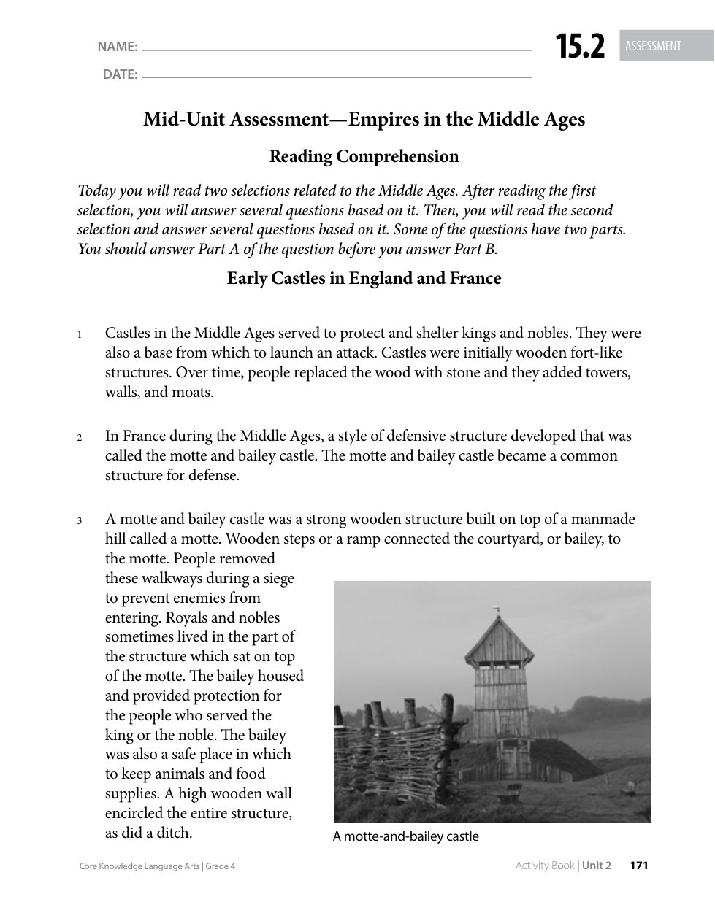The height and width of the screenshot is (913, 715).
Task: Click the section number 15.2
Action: [x=581, y=47]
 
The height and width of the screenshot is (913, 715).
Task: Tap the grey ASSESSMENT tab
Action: [x=654, y=46]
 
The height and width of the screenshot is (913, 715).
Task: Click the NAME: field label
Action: [x=117, y=47]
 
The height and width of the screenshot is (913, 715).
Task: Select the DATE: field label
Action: [x=120, y=74]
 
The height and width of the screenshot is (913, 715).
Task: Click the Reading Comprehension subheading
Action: [x=364, y=156]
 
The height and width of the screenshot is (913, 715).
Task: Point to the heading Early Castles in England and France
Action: [x=364, y=278]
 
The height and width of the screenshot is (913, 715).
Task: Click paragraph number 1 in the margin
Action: [x=78, y=336]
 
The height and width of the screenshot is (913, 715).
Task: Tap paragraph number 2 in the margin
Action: [x=78, y=439]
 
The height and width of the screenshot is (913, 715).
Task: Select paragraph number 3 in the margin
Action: [x=78, y=522]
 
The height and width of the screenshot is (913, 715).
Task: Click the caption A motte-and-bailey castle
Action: [x=405, y=836]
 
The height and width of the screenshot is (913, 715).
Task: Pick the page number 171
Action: [x=638, y=866]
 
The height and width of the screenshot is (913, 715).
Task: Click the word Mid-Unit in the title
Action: [x=183, y=119]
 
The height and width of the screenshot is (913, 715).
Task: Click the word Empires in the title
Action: [x=383, y=119]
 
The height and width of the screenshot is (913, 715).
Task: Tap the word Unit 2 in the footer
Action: [x=596, y=866]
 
